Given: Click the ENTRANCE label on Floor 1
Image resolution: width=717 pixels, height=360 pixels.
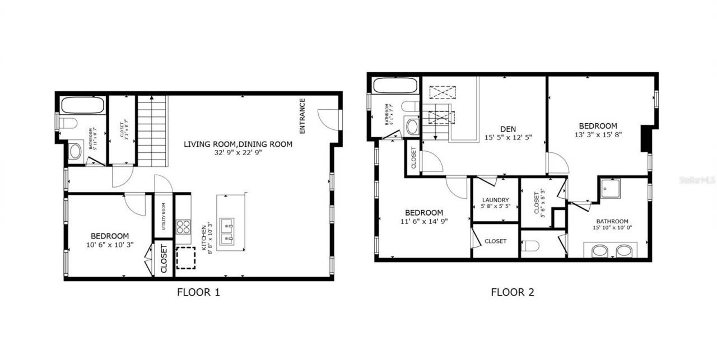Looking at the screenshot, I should [x=302, y=116].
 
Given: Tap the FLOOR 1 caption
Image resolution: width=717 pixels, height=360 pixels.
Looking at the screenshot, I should [x=199, y=292].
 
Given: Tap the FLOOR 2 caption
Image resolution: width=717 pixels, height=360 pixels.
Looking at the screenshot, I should [x=513, y=292].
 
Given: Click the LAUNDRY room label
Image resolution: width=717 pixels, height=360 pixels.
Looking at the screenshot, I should [x=496, y=200].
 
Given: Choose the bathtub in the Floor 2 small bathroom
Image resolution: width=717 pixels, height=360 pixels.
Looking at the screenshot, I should [x=395, y=86].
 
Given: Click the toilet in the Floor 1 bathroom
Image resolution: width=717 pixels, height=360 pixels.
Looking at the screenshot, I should [x=69, y=123].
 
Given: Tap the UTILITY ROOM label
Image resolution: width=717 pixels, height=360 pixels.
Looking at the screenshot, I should [x=164, y=216].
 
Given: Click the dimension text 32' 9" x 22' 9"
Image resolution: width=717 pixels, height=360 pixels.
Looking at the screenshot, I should [x=238, y=152].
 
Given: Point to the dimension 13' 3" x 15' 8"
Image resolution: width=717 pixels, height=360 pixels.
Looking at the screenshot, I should [x=598, y=134].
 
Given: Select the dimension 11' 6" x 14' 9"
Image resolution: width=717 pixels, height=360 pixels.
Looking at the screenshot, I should [x=424, y=221].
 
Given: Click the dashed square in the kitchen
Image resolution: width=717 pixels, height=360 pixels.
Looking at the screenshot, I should [x=186, y=258].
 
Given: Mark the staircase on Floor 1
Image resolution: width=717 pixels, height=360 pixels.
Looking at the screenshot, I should [x=152, y=130].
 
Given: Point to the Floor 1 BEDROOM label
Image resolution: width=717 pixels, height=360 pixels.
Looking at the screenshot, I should [x=110, y=236].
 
